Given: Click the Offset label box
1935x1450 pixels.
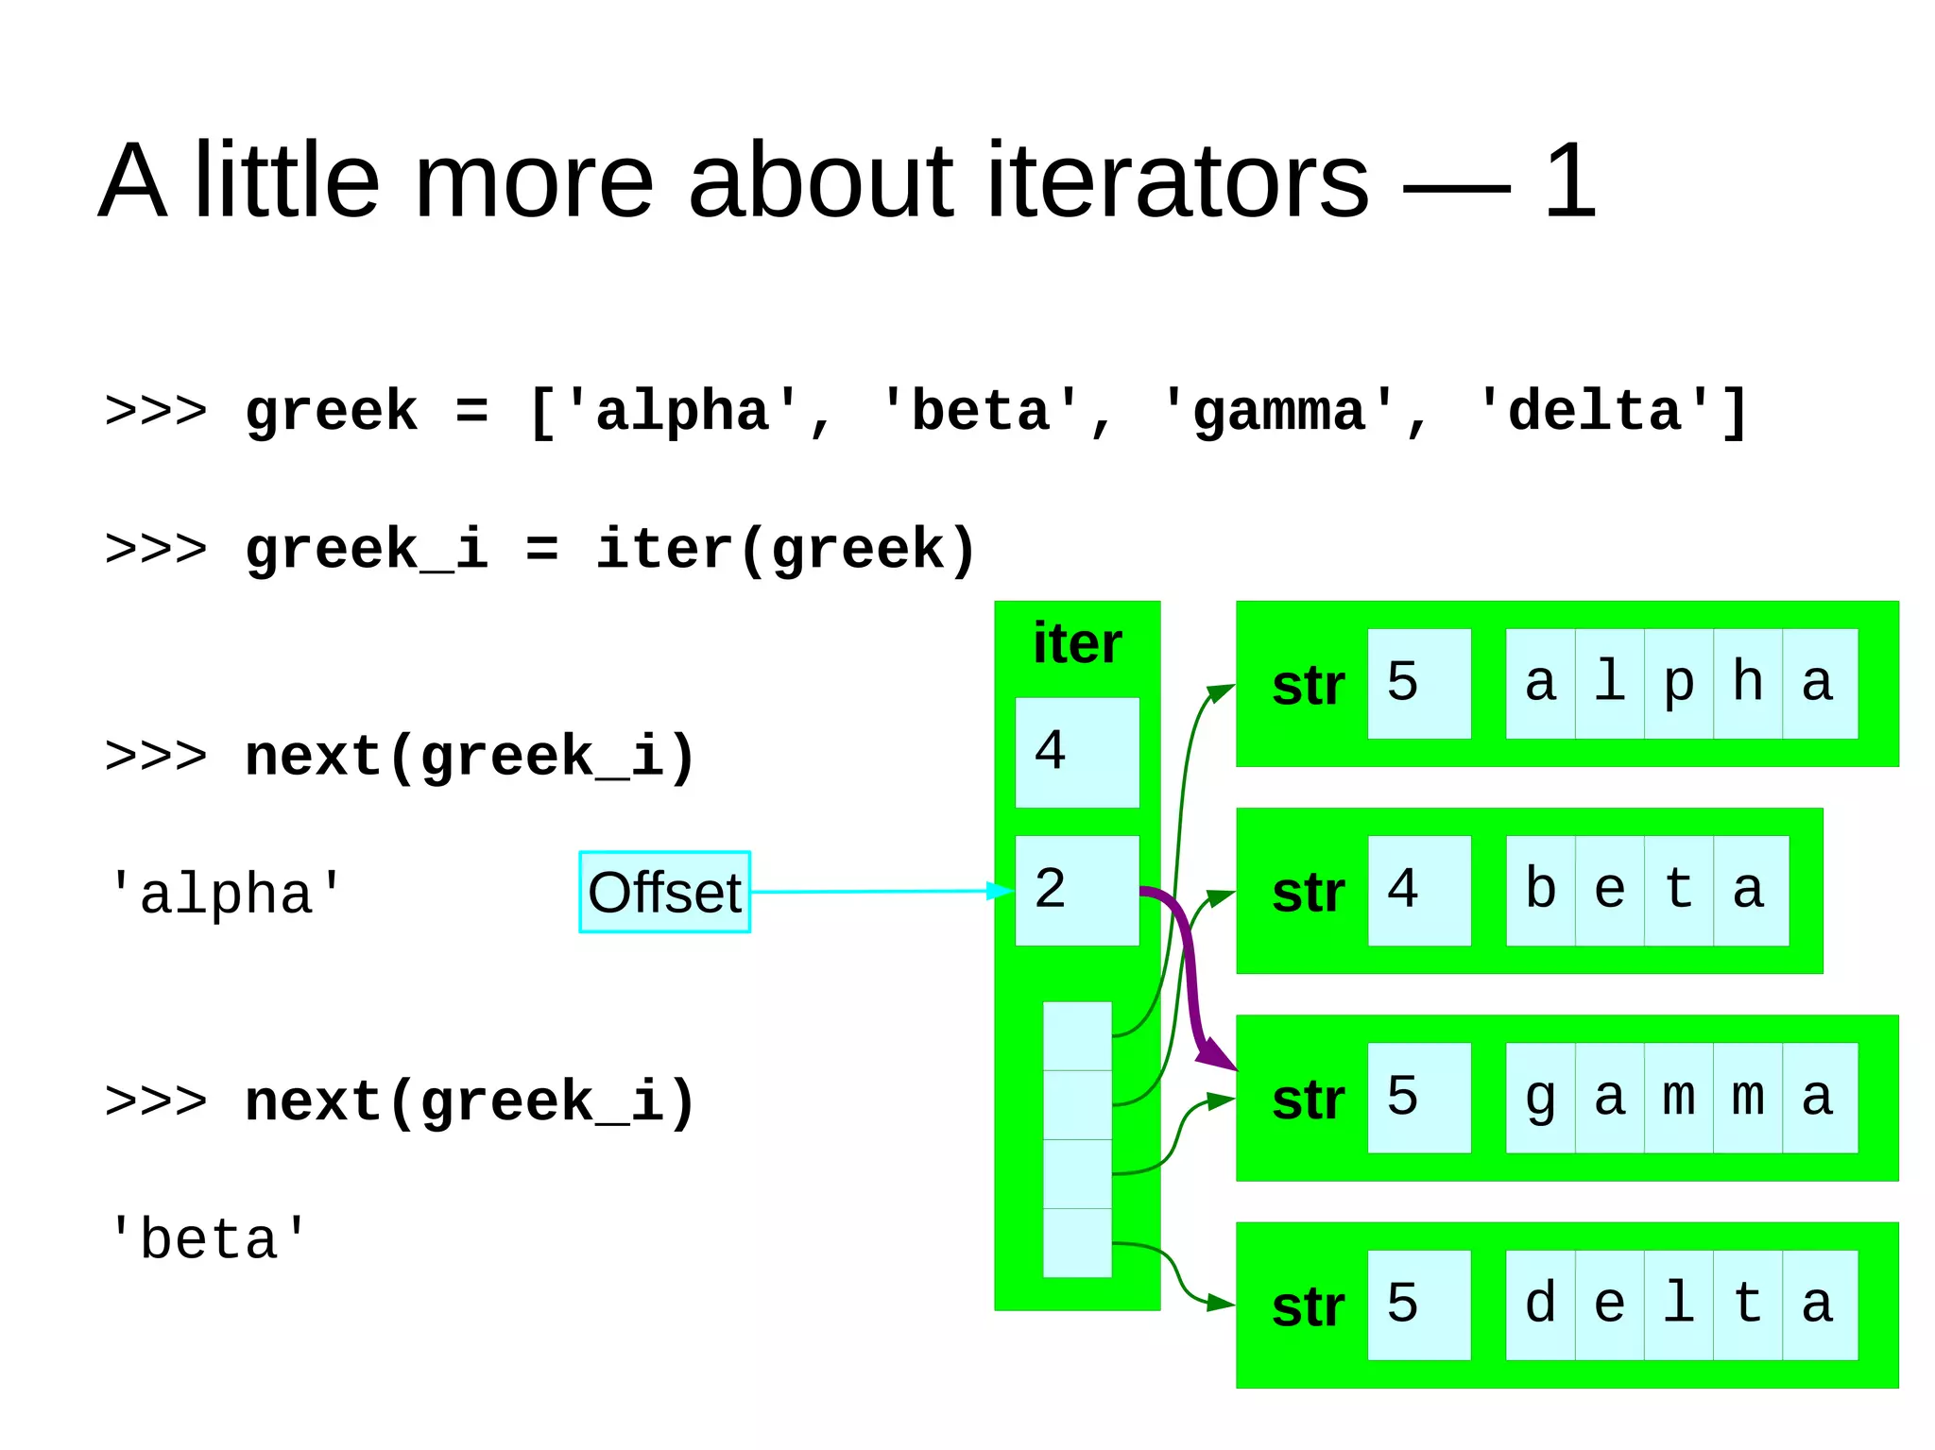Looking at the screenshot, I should (664, 892).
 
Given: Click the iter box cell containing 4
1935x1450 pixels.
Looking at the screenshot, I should (1076, 752).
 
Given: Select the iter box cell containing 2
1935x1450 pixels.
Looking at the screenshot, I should (1076, 890).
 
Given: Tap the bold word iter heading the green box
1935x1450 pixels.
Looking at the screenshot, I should (1077, 644).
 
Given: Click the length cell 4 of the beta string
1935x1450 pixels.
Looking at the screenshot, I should (1418, 890).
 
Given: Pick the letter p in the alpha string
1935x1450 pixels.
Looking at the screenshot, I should (1678, 683).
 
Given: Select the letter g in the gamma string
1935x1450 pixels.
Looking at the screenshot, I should (1540, 1098).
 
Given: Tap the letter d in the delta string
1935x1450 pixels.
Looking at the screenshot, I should (1540, 1305).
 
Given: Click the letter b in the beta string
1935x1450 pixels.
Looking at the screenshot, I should (1540, 890).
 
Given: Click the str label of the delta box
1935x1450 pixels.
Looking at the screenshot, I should (1308, 1307).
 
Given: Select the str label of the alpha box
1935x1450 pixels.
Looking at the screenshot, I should (1308, 686).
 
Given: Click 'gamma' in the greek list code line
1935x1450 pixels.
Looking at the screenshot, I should (1278, 412).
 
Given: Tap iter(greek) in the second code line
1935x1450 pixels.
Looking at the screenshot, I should (785, 549).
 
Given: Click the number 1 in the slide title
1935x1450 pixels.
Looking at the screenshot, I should (1569, 179).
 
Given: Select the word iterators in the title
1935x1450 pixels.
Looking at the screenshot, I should (1176, 179).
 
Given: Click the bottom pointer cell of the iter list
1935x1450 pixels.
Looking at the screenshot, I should (1077, 1243).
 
